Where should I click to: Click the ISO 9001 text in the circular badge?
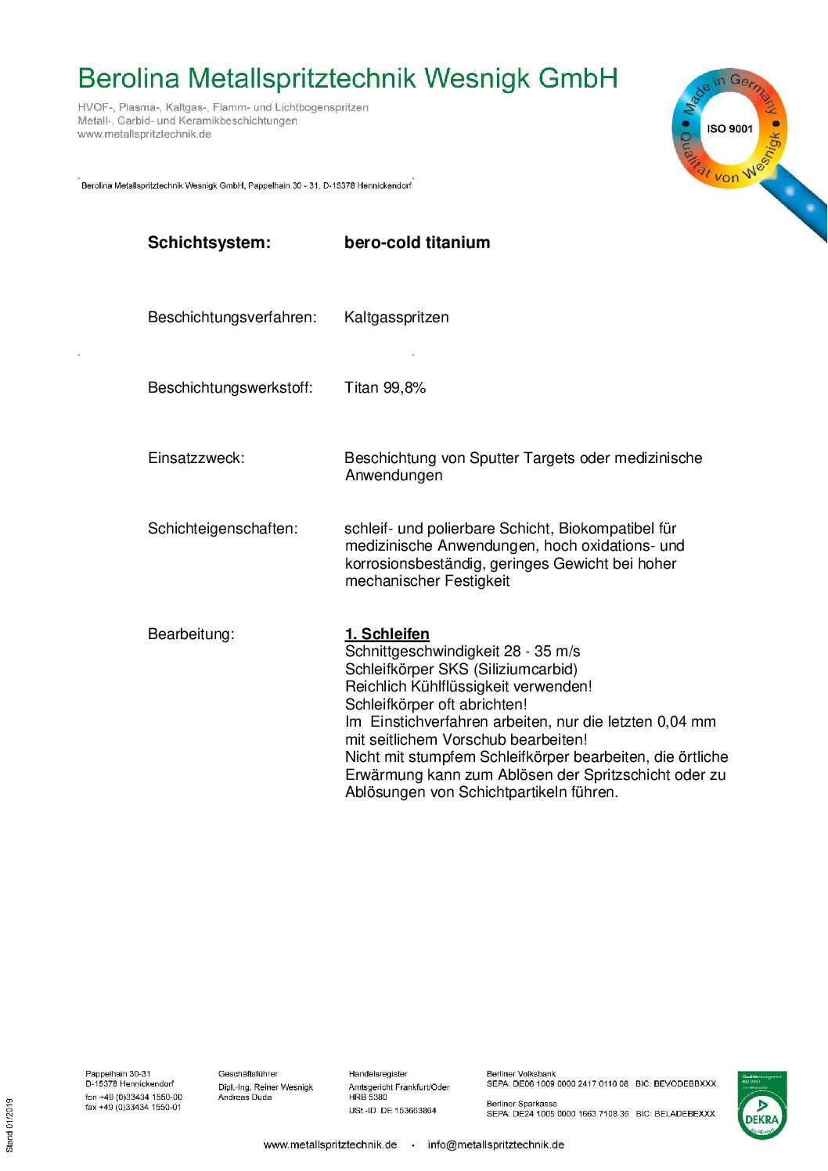click(x=729, y=129)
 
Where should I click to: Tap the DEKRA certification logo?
click(x=761, y=1106)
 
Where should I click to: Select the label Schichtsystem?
click(x=209, y=242)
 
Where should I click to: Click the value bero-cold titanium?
click(x=417, y=242)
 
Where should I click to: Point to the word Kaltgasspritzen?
click(x=396, y=318)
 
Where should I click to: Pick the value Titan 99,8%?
click(x=385, y=388)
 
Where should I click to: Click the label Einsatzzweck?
click(x=196, y=458)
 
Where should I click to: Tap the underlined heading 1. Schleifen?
click(x=387, y=634)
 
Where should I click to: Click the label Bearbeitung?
click(x=191, y=634)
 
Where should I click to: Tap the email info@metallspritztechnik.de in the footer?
click(x=495, y=1145)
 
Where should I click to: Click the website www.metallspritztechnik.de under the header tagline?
click(x=144, y=135)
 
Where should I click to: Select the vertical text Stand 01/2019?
click(x=10, y=1126)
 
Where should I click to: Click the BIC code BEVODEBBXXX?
click(x=686, y=1084)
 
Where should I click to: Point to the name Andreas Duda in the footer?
click(x=245, y=1097)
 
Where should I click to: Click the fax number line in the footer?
click(x=133, y=1108)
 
